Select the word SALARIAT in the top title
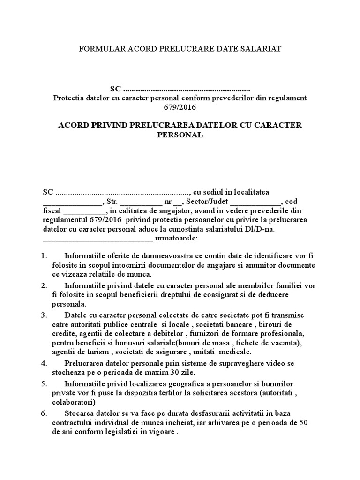[262, 49]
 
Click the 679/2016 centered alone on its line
[180, 107]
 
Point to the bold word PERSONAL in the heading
[180, 135]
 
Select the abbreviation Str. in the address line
[112, 202]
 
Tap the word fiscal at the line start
[52, 211]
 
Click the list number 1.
[45, 256]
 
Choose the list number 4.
[45, 363]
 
